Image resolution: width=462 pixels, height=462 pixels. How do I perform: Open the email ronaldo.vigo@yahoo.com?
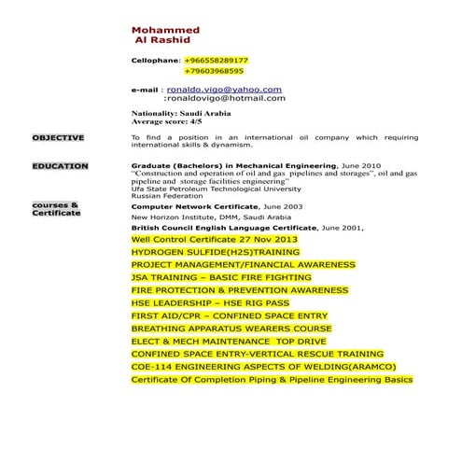point(224,89)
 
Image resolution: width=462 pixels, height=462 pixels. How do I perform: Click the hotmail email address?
point(225,98)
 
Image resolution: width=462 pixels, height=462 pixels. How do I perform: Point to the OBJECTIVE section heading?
point(58,137)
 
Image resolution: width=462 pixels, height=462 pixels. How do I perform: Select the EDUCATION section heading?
point(60,166)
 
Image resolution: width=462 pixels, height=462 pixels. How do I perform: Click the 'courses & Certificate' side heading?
point(56,208)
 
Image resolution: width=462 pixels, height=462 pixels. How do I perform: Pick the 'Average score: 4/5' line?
point(166,121)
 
